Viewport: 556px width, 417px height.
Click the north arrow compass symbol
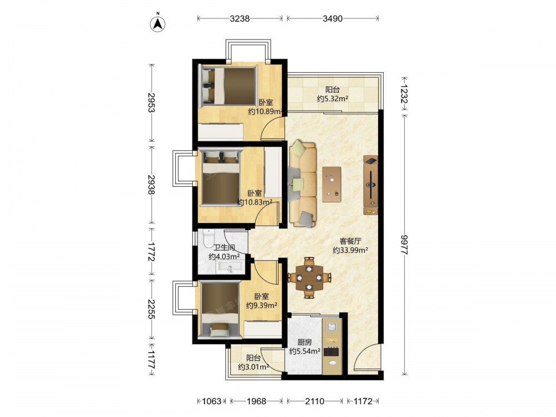point(158,23)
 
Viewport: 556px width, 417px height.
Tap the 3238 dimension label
point(240,18)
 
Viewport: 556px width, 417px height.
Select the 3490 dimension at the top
point(332,18)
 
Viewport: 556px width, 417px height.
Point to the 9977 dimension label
point(405,244)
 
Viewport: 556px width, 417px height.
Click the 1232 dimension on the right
point(405,94)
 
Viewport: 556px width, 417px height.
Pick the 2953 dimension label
point(152,102)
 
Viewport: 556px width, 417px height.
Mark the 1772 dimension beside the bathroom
point(152,251)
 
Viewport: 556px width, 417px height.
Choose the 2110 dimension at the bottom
point(315,401)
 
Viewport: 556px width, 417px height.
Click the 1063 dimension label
point(212,401)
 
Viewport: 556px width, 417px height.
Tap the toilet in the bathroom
point(209,238)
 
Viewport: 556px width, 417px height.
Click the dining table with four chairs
point(309,277)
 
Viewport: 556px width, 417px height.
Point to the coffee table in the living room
point(331,185)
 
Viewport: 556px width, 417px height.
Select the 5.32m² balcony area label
point(332,98)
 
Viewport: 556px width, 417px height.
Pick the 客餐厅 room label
point(350,241)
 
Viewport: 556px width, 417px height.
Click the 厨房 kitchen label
point(305,342)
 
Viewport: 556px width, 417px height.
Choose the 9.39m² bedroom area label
point(262,305)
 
